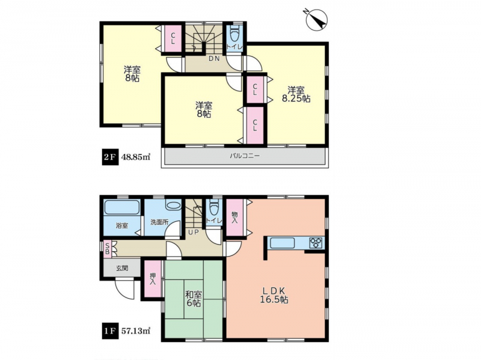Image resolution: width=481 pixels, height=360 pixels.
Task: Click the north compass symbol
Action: point(317,19)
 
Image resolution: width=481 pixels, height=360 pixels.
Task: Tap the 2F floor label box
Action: point(110,157)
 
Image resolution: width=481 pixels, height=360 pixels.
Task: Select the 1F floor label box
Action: point(110,331)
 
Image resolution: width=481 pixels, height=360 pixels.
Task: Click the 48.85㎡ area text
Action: point(136,157)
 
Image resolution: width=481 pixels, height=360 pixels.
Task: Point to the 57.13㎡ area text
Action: point(136,331)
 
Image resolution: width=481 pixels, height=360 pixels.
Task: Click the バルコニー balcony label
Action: point(245,156)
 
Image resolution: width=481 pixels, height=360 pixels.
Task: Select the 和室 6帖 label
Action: point(193,299)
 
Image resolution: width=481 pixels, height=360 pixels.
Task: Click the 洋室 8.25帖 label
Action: point(296,94)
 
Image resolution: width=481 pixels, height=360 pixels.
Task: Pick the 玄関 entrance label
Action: point(122,268)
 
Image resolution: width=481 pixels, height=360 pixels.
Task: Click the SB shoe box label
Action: point(108,248)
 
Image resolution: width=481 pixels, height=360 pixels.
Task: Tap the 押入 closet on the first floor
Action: point(153,279)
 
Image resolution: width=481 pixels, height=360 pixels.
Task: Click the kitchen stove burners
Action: point(316,243)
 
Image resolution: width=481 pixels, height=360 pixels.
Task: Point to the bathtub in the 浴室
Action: point(122,207)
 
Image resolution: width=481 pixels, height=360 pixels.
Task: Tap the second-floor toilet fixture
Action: point(234,33)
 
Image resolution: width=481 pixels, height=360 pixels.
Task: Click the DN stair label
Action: point(214,58)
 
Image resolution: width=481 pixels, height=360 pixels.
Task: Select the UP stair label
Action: point(194,232)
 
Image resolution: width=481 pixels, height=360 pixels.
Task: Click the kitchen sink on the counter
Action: point(282,243)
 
